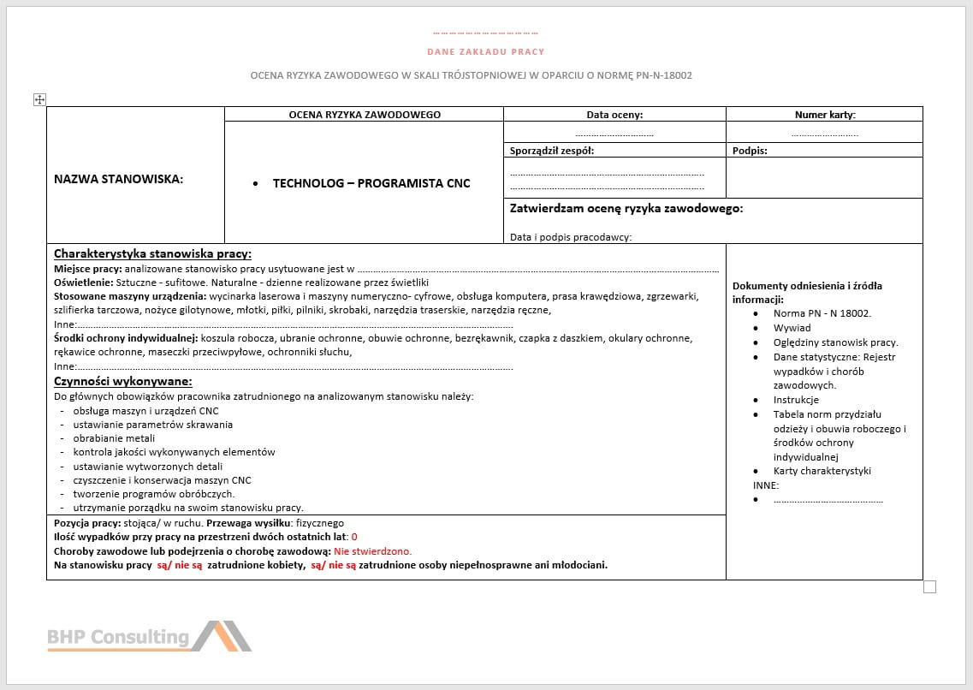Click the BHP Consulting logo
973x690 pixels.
click(150, 636)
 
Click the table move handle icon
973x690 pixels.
click(39, 99)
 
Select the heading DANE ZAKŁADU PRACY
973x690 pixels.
click(486, 52)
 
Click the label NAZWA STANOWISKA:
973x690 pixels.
click(119, 179)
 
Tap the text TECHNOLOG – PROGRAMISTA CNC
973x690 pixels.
click(371, 183)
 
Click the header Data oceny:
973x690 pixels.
click(614, 115)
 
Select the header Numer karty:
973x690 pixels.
click(824, 115)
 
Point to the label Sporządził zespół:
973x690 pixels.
click(552, 151)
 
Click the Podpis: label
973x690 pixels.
click(750, 151)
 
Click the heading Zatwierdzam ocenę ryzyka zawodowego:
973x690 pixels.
click(626, 208)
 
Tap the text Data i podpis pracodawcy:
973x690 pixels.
click(571, 237)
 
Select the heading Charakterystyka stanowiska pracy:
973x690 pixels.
click(152, 253)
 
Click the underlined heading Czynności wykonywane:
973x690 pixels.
click(123, 381)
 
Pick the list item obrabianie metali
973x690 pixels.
click(114, 438)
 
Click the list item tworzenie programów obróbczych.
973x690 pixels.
click(154, 494)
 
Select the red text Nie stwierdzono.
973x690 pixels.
click(373, 551)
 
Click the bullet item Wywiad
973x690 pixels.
click(792, 328)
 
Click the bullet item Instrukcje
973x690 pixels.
click(796, 400)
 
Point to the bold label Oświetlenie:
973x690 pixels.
click(83, 283)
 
